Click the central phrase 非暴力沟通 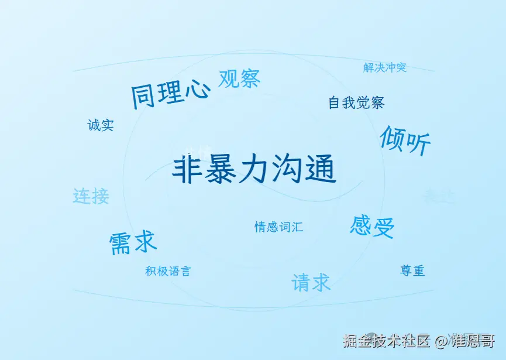click(x=254, y=170)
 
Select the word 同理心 click(x=170, y=93)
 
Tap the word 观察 click(x=239, y=78)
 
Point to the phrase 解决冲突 click(x=384, y=68)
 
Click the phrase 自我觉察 click(x=356, y=103)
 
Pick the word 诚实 click(x=101, y=125)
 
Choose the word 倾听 click(x=405, y=140)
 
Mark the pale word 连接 click(x=91, y=196)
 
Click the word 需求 click(x=133, y=242)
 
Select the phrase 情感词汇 click(x=278, y=227)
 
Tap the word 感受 click(x=372, y=226)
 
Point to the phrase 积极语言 click(x=168, y=272)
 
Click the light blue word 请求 click(x=311, y=283)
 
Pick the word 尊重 click(x=412, y=271)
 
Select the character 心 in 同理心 click(x=197, y=90)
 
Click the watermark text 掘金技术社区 click(x=387, y=341)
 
